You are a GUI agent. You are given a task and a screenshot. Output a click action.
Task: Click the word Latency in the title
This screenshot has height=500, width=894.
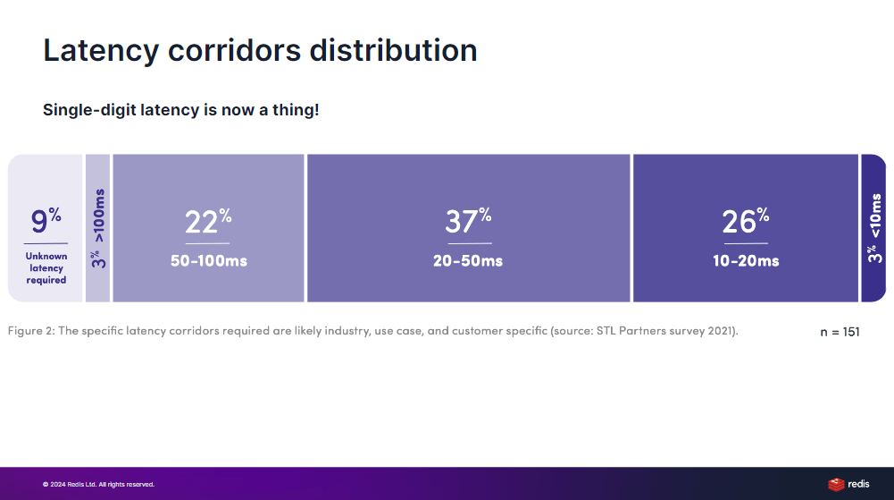[x=101, y=50]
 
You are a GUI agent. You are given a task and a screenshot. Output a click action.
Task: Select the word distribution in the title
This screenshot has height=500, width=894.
[x=393, y=50]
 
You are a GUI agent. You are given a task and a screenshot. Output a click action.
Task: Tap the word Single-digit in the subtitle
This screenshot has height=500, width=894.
[x=89, y=110]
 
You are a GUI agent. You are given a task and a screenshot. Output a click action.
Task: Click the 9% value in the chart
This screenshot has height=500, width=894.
[x=46, y=220]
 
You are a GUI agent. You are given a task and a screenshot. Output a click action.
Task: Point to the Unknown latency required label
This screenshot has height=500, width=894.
[x=46, y=267]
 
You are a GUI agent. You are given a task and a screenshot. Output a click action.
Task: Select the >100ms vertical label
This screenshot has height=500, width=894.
[x=98, y=216]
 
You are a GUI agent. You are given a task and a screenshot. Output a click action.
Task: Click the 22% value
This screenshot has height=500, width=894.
[x=208, y=221]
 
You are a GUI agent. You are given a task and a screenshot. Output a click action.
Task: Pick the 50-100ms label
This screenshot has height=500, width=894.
[x=209, y=261]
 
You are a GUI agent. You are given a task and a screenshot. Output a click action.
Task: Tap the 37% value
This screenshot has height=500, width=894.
[x=468, y=221]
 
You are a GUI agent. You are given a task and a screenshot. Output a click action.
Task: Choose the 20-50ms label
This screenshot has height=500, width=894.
[x=468, y=261]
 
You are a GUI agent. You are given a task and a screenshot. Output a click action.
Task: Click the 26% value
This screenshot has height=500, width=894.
[x=746, y=221]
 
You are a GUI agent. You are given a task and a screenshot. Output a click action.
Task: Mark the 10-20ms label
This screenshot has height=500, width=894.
[x=746, y=261]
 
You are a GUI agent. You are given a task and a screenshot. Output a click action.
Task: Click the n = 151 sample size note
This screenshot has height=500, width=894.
[x=840, y=332]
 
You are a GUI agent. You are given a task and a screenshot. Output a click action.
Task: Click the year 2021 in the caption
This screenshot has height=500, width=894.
[x=721, y=330]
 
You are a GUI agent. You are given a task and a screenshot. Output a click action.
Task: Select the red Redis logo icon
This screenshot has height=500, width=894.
[x=836, y=485]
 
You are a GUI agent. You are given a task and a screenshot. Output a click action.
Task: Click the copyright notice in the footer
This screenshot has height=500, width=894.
[x=98, y=485]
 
